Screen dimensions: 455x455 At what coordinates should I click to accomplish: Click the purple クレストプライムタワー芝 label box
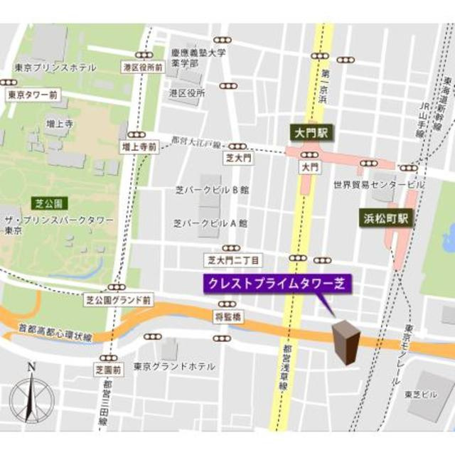278,283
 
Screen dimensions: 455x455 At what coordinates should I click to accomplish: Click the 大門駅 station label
310,133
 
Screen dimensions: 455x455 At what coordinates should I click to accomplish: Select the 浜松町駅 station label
385,218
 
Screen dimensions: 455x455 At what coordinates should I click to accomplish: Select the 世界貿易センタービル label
378,185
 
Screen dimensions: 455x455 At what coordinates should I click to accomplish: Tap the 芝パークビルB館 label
211,190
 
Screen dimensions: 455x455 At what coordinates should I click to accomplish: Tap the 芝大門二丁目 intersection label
233,259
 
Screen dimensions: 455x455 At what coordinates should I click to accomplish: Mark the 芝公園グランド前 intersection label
117,301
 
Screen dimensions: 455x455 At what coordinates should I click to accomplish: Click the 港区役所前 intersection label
142,67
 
